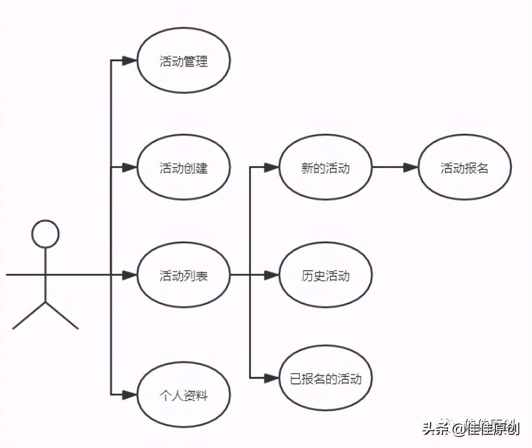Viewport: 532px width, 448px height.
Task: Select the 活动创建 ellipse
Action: (x=184, y=168)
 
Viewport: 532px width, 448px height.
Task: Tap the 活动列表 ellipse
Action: (x=184, y=275)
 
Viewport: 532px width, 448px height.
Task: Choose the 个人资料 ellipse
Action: (x=184, y=395)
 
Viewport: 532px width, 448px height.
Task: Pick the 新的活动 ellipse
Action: (x=325, y=168)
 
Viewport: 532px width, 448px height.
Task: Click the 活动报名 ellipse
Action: (x=464, y=168)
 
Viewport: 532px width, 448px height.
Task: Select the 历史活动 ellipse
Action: (x=325, y=275)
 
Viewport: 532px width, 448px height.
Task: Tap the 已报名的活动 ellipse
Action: (x=325, y=379)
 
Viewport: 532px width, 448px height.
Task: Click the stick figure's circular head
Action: (x=46, y=234)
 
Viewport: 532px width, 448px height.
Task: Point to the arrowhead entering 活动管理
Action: (x=130, y=61)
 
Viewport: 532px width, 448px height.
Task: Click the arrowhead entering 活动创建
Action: (x=130, y=167)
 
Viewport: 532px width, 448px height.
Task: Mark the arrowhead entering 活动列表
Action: (x=130, y=275)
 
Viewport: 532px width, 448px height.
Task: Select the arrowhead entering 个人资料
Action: (x=130, y=395)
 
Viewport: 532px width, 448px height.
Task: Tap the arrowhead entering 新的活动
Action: (x=271, y=167)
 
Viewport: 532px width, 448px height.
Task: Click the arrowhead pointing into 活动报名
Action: (x=410, y=167)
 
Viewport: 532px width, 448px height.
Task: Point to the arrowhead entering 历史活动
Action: (x=271, y=275)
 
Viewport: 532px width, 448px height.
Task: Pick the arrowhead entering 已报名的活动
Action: (x=271, y=378)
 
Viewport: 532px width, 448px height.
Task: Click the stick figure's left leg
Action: (x=29, y=315)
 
